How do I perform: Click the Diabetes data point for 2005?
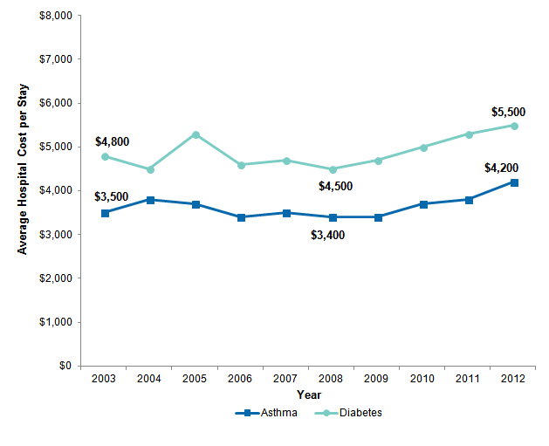[x=196, y=134]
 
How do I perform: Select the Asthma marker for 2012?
[x=514, y=182]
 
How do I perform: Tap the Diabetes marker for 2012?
[x=514, y=126]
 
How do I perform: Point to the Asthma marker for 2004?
[x=150, y=200]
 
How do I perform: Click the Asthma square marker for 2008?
[x=333, y=217]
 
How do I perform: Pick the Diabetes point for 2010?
[x=423, y=148]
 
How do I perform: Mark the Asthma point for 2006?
[x=241, y=217]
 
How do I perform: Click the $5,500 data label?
[x=507, y=112]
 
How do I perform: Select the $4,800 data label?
[x=112, y=142]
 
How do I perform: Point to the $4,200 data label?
[x=501, y=168]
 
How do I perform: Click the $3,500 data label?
[x=112, y=197]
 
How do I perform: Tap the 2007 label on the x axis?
[x=286, y=379]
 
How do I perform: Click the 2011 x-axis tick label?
[x=469, y=379]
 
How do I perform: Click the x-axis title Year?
[x=309, y=395]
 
